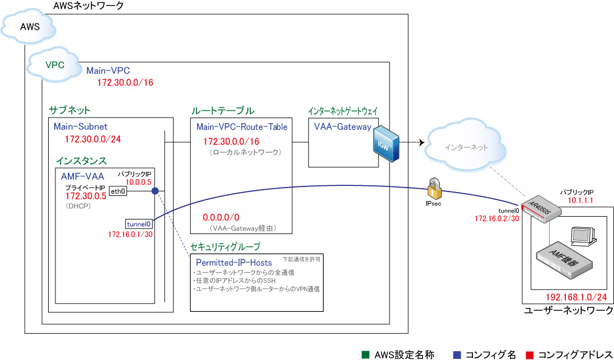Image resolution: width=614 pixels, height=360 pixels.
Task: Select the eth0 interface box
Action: point(118,191)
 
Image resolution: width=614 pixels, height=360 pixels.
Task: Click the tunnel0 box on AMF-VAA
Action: point(138,223)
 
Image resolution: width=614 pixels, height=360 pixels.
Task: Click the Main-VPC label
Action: point(108,71)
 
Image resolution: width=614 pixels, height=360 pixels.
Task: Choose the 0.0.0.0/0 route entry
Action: point(221,217)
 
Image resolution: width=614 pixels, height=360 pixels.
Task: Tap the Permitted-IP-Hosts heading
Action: point(234,262)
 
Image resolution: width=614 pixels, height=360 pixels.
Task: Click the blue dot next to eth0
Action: point(155,191)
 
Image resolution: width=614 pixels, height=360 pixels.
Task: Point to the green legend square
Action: point(365,354)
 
